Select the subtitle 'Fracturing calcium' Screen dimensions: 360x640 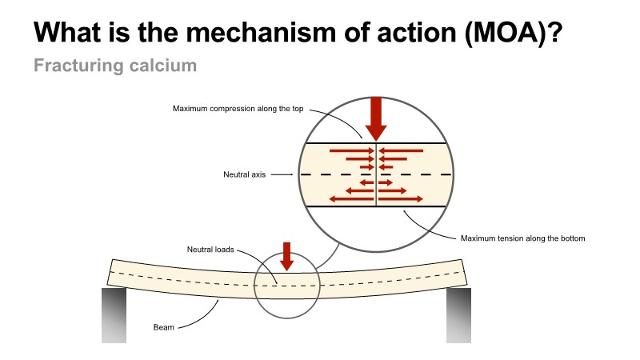[x=115, y=66]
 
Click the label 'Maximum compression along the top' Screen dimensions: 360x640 [x=238, y=108]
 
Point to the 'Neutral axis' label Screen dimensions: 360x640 [x=244, y=174]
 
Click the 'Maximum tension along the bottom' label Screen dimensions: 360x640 [x=523, y=238]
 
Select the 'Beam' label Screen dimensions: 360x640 [x=163, y=327]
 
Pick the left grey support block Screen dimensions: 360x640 [x=114, y=315]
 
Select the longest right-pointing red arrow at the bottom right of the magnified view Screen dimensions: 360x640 [x=400, y=198]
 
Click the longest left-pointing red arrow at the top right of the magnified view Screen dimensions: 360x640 [x=401, y=150]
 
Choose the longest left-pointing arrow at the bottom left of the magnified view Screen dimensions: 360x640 [x=351, y=198]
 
